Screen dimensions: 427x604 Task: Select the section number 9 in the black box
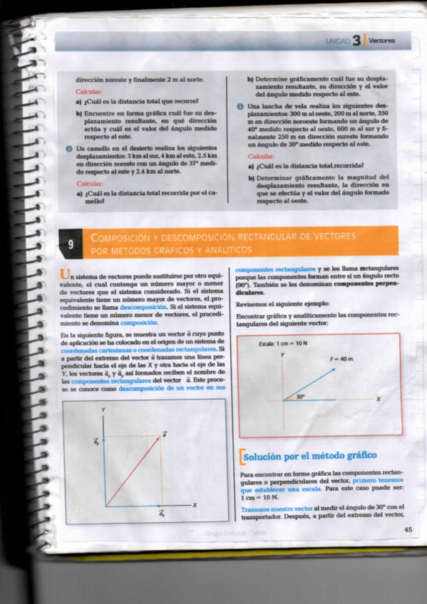pyautogui.click(x=70, y=244)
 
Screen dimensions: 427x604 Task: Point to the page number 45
pyautogui.click(x=408, y=529)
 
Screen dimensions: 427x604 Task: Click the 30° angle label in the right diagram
pyautogui.click(x=300, y=396)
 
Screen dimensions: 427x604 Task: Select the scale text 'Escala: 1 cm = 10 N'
pyautogui.click(x=284, y=343)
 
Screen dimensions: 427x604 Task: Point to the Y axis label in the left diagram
pyautogui.click(x=104, y=410)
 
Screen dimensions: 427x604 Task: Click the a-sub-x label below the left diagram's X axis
pyautogui.click(x=162, y=513)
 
